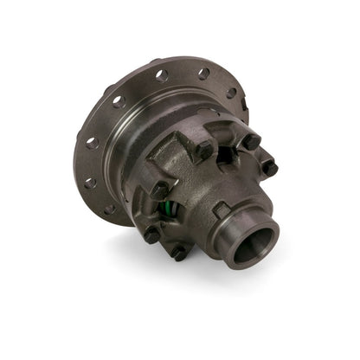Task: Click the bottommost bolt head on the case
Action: pyautogui.click(x=180, y=253)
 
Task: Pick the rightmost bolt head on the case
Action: pyautogui.click(x=269, y=168)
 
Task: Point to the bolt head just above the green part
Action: pyautogui.click(x=160, y=188)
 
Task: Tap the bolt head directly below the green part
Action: pyautogui.click(x=153, y=235)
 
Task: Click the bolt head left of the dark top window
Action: pyautogui.click(x=204, y=149)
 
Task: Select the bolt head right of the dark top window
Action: pyautogui.click(x=251, y=140)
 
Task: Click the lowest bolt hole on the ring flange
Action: pyautogui.click(x=110, y=209)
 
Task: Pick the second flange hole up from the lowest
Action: pyautogui.click(x=90, y=183)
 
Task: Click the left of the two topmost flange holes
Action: pyautogui.click(x=162, y=76)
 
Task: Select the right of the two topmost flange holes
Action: pyautogui.click(x=203, y=74)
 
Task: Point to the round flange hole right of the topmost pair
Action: pyautogui.click(x=231, y=93)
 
